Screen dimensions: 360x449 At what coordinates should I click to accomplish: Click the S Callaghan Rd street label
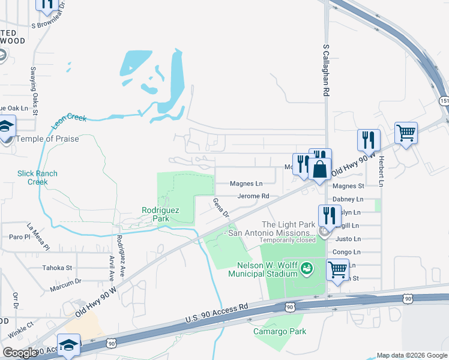coord(327,70)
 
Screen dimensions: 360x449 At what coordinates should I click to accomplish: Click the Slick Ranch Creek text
coord(37,178)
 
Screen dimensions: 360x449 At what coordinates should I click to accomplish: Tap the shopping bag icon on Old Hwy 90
coord(320,169)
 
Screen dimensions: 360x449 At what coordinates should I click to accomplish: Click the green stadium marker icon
coord(306,267)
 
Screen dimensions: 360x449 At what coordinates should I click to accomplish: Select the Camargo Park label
coord(280,331)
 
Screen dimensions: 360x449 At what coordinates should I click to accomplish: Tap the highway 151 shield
coord(442,101)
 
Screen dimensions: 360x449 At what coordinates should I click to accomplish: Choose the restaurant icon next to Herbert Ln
coord(367,140)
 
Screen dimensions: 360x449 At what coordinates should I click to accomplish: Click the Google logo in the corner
coord(20,352)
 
